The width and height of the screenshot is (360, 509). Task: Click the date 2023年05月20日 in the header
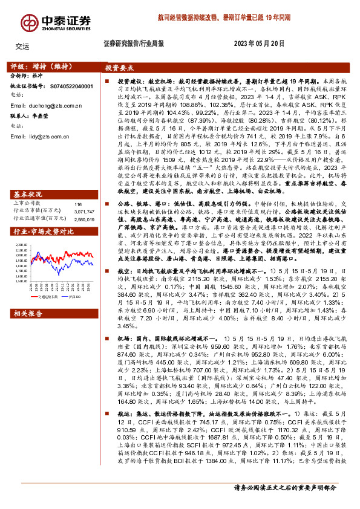[x=258, y=44]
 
